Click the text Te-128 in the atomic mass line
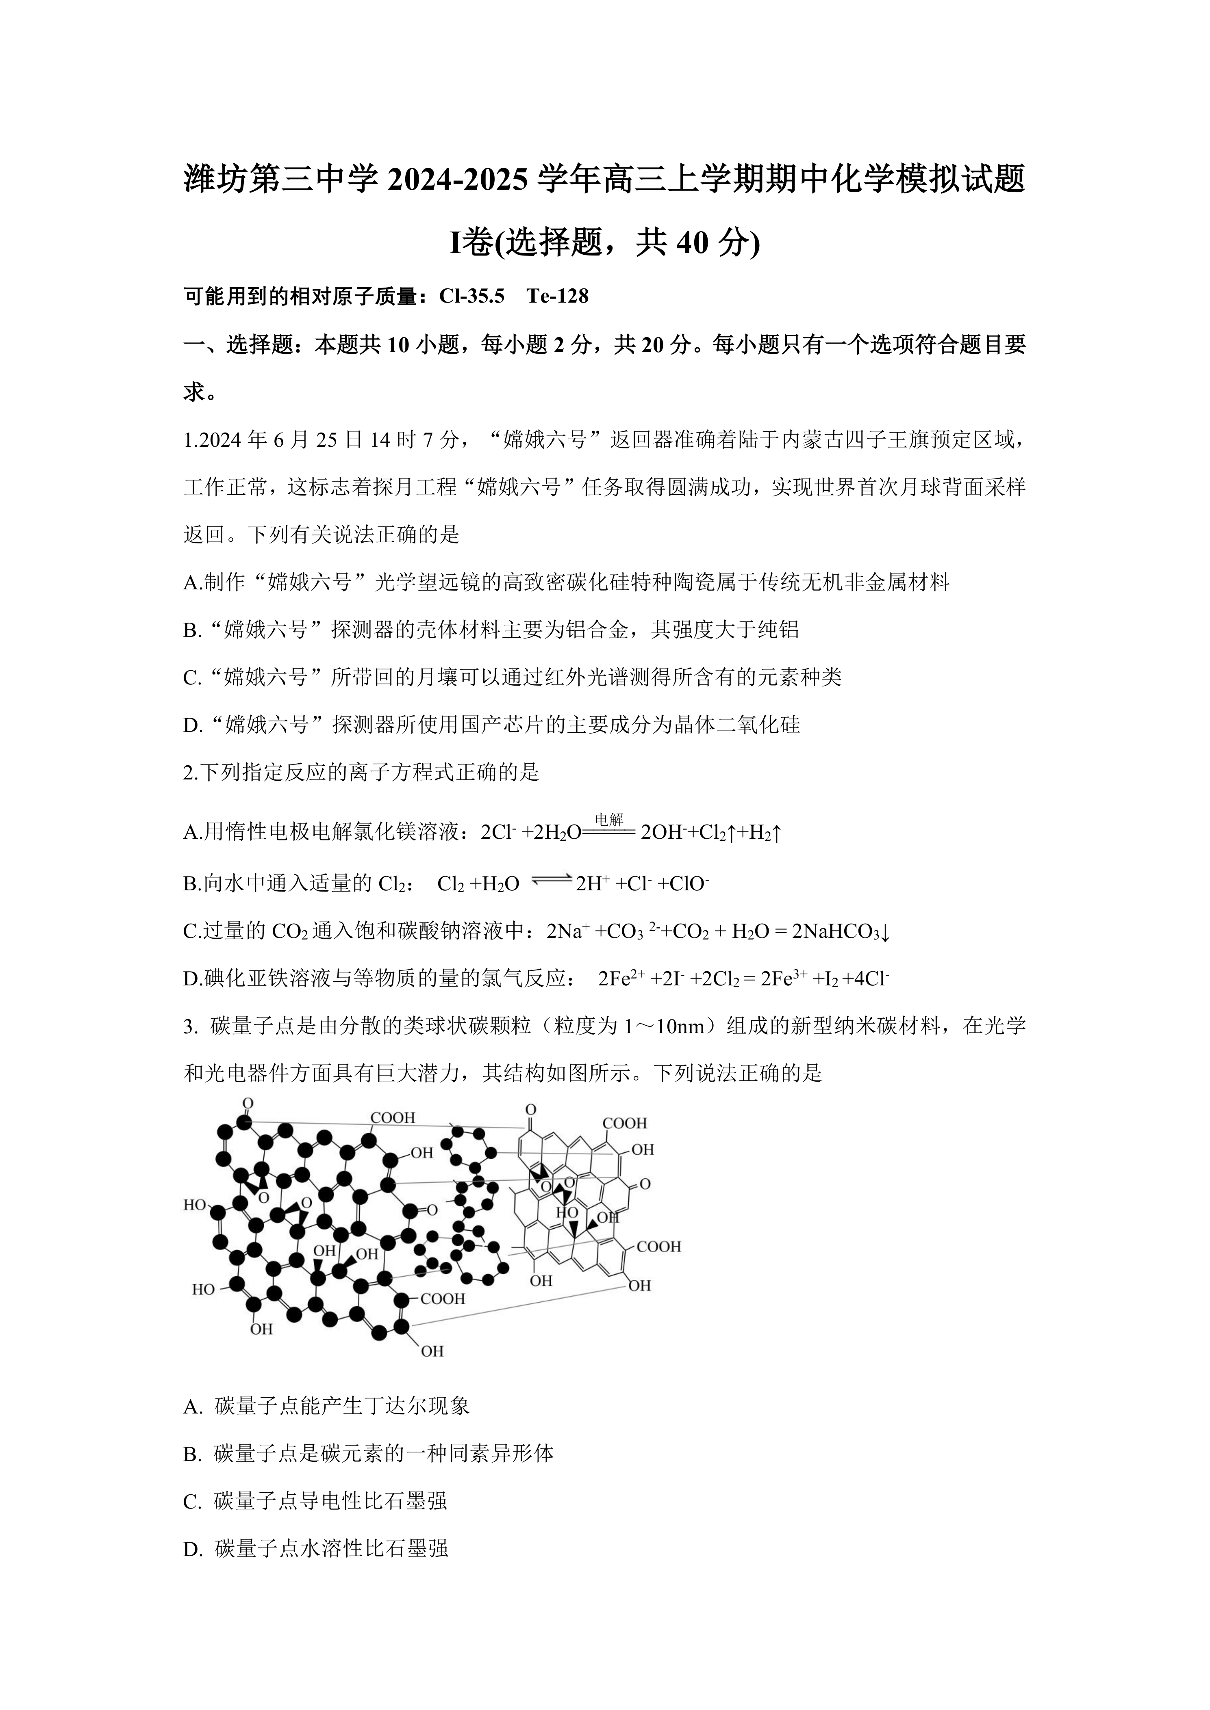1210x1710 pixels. pos(557,297)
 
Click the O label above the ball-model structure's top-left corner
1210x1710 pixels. pos(248,1103)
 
